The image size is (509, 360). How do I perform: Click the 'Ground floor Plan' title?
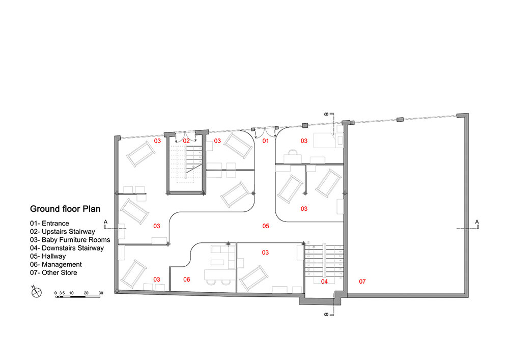click(65, 209)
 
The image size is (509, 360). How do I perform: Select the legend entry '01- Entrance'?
click(50, 224)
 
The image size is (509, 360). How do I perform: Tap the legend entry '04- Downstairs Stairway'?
click(67, 248)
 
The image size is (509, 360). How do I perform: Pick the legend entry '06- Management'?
click(56, 265)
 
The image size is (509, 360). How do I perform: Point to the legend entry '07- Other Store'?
click(53, 273)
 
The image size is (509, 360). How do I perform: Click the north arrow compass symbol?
click(36, 292)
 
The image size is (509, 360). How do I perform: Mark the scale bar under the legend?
click(78, 296)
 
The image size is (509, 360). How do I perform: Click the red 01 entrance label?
click(266, 141)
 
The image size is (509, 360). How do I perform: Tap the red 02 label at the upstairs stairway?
click(186, 141)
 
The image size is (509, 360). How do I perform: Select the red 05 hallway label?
click(266, 226)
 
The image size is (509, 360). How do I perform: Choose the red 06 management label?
click(186, 280)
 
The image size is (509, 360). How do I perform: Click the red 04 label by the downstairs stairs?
click(324, 282)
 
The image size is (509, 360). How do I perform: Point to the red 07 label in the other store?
click(362, 282)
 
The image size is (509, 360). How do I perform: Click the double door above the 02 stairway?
click(186, 136)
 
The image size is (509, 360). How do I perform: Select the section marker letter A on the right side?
click(477, 222)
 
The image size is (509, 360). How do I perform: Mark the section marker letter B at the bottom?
click(327, 314)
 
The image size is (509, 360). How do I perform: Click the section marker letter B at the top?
click(327, 114)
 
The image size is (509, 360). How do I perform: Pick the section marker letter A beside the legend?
click(105, 222)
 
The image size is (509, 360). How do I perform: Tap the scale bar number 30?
click(101, 293)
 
